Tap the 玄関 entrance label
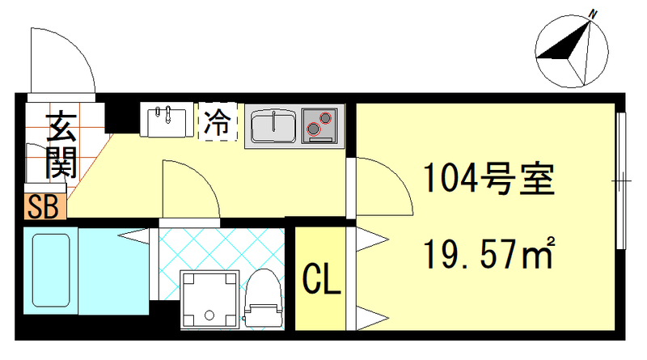[60, 146]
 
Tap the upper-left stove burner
[312, 128]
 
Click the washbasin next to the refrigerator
[168, 121]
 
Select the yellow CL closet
[321, 279]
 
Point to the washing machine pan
[210, 300]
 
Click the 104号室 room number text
[484, 179]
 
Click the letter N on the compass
[593, 14]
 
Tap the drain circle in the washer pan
[209, 316]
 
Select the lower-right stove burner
[327, 118]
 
